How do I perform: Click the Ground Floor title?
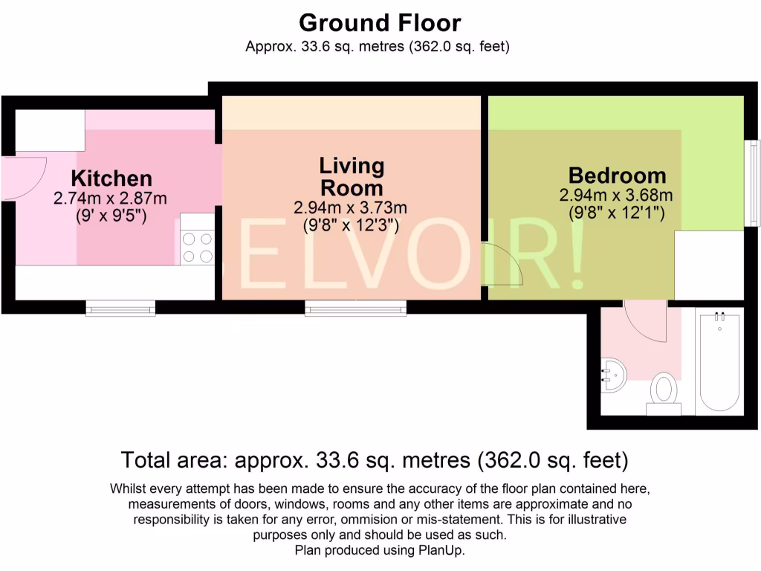point(380,23)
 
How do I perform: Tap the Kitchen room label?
point(111,178)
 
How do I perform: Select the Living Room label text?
point(352,176)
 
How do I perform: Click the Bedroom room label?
point(617,176)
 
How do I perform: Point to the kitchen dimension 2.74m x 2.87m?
point(110,199)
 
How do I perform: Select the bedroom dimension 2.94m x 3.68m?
point(616,196)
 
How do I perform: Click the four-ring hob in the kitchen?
point(197,248)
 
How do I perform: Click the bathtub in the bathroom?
point(719,361)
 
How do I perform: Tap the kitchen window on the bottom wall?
point(120,308)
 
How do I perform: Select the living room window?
point(355,308)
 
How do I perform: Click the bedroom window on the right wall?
point(754,183)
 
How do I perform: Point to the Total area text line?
point(375,460)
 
